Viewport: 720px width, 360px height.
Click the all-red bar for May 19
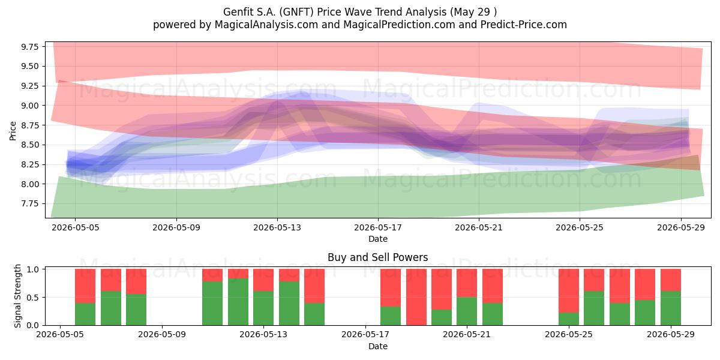coord(416,297)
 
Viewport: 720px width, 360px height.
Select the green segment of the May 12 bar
coord(238,302)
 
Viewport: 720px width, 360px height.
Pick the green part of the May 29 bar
coord(671,308)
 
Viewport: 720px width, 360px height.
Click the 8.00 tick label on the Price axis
coord(29,184)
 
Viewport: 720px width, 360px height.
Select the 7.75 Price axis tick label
coord(29,204)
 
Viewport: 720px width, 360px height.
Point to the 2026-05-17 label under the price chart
coord(378,227)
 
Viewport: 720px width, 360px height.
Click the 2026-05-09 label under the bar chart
coord(161,335)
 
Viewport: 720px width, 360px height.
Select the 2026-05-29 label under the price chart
coord(681,227)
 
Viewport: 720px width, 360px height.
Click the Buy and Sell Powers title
coord(377,257)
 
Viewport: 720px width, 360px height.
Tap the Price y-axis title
coord(13,131)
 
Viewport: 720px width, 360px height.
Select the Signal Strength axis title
coord(17,296)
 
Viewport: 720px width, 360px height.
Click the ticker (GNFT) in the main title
coord(296,12)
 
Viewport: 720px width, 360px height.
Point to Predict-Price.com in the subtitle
coord(524,25)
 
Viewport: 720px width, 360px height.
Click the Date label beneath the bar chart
coord(378,346)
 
